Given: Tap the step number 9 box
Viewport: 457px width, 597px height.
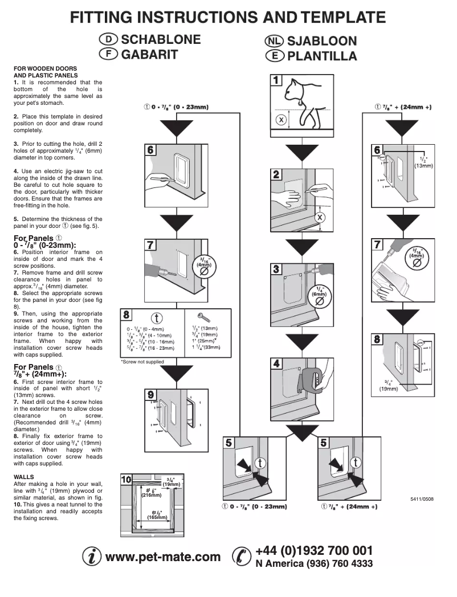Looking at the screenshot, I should coord(150,395).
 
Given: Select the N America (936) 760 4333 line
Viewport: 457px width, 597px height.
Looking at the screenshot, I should coord(314,563).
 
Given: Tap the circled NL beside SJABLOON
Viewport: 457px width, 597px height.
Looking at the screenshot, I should coord(274,41).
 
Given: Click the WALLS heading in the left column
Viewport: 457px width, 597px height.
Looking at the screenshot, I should coord(24,476).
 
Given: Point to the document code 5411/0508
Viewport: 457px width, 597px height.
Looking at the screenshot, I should coord(421,498).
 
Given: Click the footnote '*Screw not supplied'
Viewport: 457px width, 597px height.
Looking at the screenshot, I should coord(142,362).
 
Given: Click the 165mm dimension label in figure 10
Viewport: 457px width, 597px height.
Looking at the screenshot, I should coord(154,517).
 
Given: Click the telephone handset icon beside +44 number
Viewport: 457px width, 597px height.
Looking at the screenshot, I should coord(242,557).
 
